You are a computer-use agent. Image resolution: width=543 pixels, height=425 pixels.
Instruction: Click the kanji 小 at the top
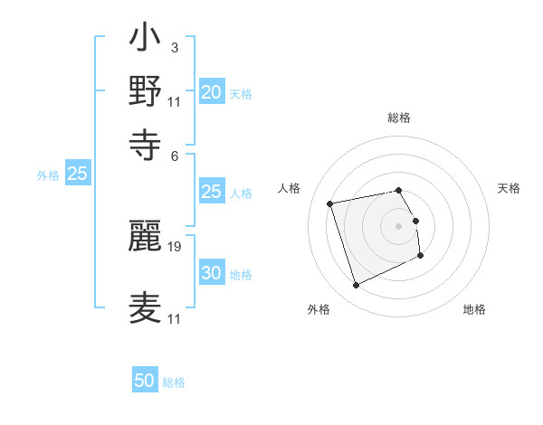[x=146, y=41]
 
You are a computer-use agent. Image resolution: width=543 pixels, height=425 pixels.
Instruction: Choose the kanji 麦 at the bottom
[x=146, y=308]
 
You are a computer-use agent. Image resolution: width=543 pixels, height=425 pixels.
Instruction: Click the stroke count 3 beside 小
[x=174, y=46]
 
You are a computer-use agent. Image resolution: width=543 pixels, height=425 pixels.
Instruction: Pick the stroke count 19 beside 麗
[x=175, y=245]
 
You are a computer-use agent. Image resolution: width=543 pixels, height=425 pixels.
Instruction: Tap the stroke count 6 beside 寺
[x=174, y=155]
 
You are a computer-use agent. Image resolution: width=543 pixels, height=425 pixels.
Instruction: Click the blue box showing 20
[x=211, y=92]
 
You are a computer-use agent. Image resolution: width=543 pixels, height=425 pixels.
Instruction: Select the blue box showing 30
[x=211, y=273]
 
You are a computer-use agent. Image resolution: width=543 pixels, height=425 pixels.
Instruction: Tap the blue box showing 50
[x=145, y=382]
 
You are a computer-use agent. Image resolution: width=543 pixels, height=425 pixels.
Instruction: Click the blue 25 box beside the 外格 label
[x=77, y=174]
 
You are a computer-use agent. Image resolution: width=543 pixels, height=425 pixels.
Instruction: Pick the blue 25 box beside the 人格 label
[x=211, y=192]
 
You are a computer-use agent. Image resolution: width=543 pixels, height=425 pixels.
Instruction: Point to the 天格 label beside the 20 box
[x=241, y=94]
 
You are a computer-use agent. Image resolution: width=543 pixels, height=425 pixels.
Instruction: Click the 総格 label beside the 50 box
[x=174, y=382]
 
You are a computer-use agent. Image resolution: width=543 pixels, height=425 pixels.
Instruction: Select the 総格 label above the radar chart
[x=399, y=118]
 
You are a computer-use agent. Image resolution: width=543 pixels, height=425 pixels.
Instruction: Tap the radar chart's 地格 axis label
[x=474, y=309]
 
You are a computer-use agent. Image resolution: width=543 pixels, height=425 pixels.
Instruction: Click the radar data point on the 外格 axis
[x=356, y=286]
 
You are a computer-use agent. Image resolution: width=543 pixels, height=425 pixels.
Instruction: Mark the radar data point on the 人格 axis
[x=330, y=203]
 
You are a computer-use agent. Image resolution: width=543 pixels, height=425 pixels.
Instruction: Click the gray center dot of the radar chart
[x=399, y=225]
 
